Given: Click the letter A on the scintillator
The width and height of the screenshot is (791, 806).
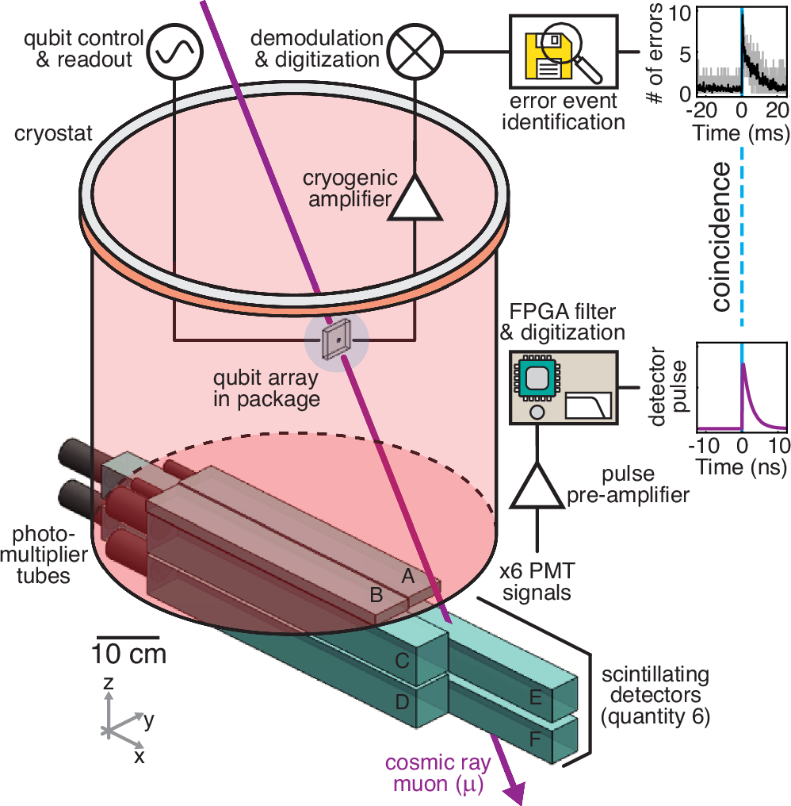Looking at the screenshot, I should pyautogui.click(x=409, y=578).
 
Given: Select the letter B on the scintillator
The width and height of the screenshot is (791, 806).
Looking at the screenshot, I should pyautogui.click(x=377, y=594).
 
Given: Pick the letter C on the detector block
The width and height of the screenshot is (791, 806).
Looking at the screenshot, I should pyautogui.click(x=403, y=660).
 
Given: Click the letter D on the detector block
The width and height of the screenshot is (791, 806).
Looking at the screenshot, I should pyautogui.click(x=403, y=701).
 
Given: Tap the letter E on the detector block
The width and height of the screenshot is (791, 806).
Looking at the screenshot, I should pyautogui.click(x=537, y=696).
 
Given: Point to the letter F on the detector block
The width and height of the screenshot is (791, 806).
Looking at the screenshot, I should pyautogui.click(x=537, y=738).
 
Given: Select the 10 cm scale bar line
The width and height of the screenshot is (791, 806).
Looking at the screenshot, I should pyautogui.click(x=128, y=636).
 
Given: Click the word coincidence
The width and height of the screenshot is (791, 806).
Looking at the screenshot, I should pyautogui.click(x=722, y=238).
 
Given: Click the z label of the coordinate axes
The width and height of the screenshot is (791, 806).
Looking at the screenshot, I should pyautogui.click(x=109, y=682).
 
